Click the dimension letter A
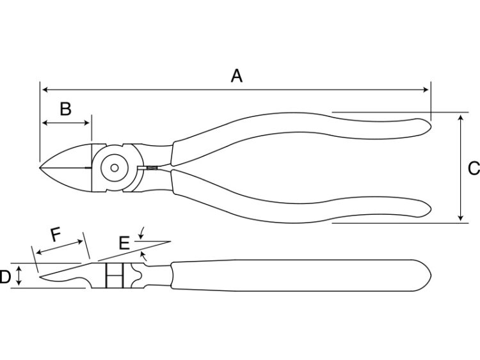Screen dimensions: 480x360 tap(236, 76)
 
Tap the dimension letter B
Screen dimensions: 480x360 tap(65, 109)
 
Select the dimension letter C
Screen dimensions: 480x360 tap(474, 168)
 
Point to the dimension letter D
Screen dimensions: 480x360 tap(5, 277)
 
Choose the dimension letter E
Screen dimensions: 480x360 tap(124, 243)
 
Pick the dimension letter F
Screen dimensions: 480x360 tap(56, 235)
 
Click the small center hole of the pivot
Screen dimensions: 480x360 tap(115, 168)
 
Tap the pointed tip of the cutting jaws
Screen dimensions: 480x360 tap(40, 168)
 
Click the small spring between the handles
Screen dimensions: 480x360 tap(152, 168)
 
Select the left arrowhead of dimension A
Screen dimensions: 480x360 tap(45, 90)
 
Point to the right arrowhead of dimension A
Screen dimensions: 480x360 tap(426, 90)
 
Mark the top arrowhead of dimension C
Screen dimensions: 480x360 tap(460, 118)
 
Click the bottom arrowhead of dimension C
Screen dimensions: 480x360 tap(460, 217)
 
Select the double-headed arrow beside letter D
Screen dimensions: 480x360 tap(19, 276)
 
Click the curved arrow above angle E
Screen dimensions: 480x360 tap(141, 233)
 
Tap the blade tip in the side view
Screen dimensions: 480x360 tap(40, 276)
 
